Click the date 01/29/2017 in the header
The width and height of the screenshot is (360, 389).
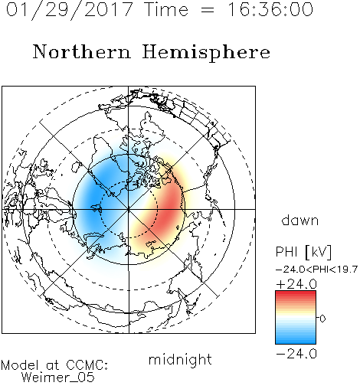70,10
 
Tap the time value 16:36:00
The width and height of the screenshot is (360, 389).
270,9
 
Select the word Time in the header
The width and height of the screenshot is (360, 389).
166,9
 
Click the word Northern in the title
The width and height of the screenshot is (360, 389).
82,51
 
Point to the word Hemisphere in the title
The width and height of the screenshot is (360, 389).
206,53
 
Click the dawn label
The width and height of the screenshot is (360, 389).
300,220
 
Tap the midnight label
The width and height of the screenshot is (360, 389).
180,359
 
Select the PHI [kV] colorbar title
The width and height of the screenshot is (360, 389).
303,252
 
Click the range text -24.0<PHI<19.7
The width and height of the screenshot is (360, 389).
316,270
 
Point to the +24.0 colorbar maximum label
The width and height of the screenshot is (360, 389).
296,284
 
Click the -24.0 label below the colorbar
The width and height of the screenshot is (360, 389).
296,354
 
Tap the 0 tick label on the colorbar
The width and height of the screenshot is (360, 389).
322,319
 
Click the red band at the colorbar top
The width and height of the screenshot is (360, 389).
296,294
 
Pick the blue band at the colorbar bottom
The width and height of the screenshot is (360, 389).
296,341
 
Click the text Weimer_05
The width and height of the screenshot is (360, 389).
58,378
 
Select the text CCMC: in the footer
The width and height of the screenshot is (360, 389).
87,365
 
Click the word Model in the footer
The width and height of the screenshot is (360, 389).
20,365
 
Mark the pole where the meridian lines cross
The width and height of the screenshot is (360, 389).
129,209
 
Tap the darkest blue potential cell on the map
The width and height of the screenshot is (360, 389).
94,198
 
